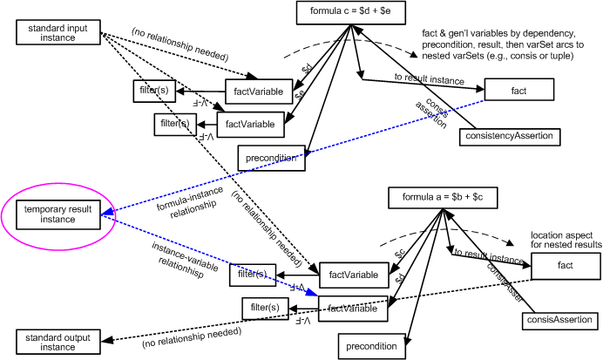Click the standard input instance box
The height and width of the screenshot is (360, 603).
pyautogui.click(x=58, y=33)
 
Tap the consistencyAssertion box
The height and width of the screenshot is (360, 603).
pyautogui.click(x=508, y=137)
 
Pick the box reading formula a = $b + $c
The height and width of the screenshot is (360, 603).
pyautogui.click(x=450, y=198)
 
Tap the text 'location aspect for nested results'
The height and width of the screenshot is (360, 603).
pyautogui.click(x=566, y=240)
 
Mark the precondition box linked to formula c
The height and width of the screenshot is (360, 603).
pyautogui.click(x=271, y=158)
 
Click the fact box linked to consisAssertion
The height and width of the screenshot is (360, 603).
pyautogui.click(x=565, y=265)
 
